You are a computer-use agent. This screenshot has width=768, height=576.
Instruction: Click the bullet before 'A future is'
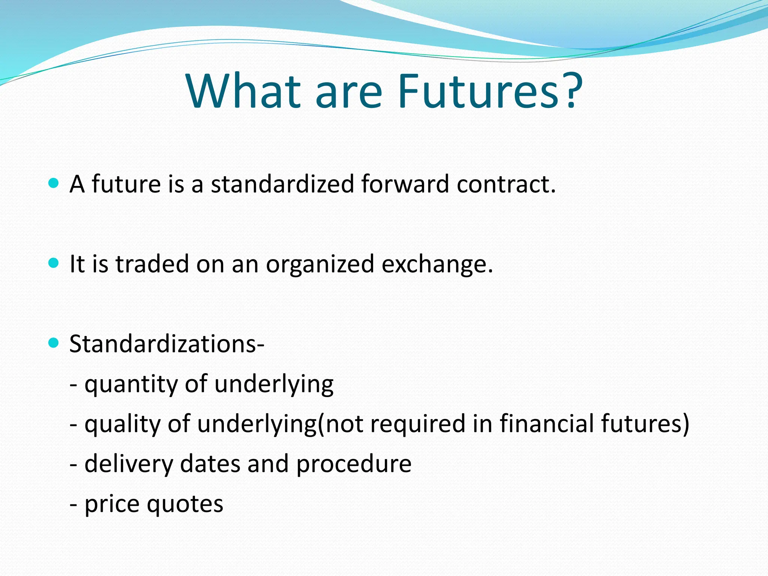coord(54,183)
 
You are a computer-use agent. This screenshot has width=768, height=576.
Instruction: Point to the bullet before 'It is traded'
coord(54,263)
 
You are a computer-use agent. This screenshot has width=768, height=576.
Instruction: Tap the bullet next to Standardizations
coord(54,343)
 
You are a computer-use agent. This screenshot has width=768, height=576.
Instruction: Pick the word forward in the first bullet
coord(405,184)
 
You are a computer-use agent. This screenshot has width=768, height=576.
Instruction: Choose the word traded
coord(152,264)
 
